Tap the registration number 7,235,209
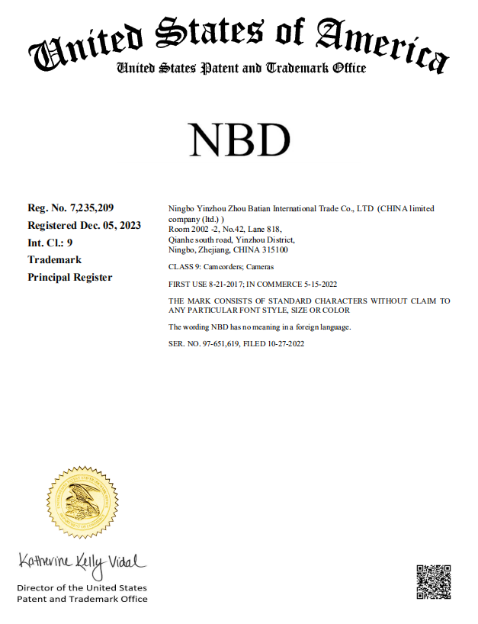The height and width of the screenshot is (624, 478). tap(91, 207)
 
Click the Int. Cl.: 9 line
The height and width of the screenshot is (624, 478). tap(50, 243)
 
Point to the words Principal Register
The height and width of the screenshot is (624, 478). tap(70, 277)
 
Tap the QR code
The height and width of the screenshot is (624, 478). tap(434, 582)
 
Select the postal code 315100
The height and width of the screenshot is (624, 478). tap(274, 250)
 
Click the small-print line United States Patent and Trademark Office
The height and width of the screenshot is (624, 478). tap(241, 69)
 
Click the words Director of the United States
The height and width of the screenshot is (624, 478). tap(82, 588)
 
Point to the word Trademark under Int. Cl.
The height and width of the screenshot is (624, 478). tap(55, 259)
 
